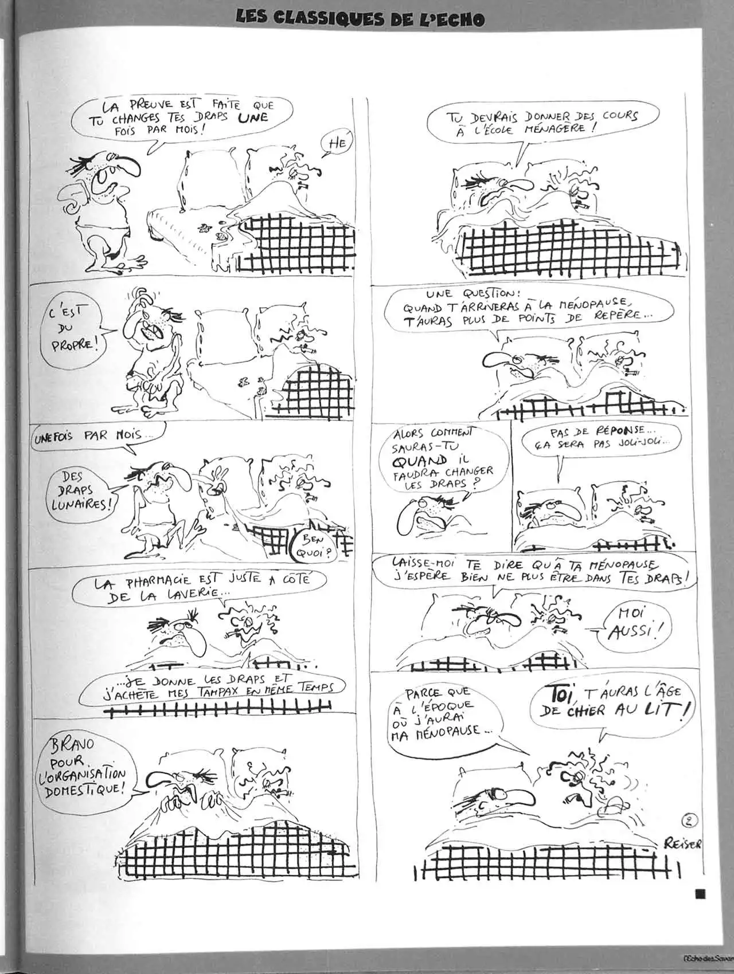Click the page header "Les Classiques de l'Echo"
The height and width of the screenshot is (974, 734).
(x=360, y=18)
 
